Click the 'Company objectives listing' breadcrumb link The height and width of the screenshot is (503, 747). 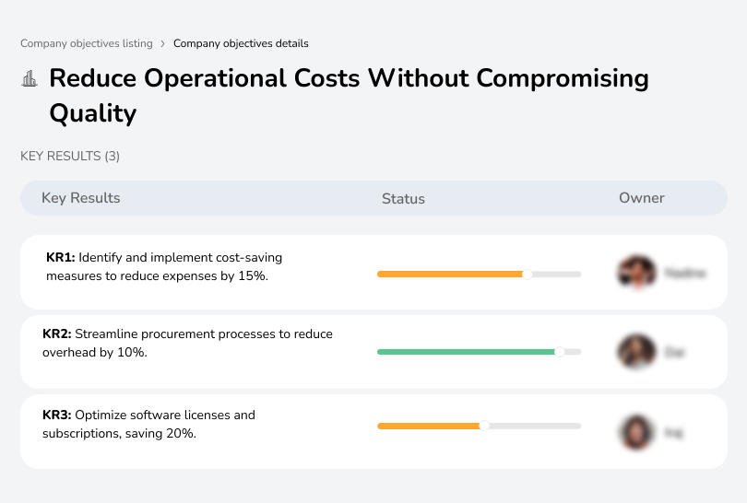87,43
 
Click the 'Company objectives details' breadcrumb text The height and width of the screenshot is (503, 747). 241,43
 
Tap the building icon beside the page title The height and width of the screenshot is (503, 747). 30,79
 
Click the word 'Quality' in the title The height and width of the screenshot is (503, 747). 92,113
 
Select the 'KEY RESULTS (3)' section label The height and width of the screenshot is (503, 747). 70,157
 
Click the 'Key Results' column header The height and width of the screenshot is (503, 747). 80,198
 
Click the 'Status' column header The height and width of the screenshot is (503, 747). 403,198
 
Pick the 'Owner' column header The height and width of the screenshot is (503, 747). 642,198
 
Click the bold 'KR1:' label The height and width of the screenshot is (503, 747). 60,258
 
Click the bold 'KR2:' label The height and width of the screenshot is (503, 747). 56,333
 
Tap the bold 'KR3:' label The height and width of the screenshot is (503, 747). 56,415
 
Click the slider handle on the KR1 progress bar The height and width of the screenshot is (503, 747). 528,274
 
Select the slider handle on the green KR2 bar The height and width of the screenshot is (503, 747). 559,352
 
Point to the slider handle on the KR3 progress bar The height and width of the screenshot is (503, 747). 484,426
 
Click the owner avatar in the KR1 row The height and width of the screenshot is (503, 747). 635,273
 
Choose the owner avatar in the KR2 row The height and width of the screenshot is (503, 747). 635,352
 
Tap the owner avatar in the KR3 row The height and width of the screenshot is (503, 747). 635,431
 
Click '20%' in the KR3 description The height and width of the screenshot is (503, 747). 180,432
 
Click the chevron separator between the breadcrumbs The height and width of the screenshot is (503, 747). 163,43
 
